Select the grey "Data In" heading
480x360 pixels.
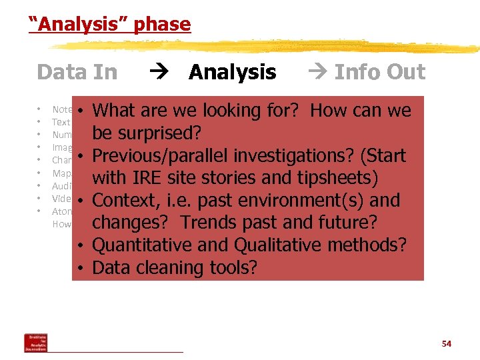click(77, 72)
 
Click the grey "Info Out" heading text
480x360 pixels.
click(379, 72)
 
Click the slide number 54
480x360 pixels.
click(446, 344)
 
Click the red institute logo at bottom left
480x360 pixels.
click(35, 342)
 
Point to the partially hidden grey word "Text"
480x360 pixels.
click(61, 123)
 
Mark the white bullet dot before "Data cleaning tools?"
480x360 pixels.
click(79, 268)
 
